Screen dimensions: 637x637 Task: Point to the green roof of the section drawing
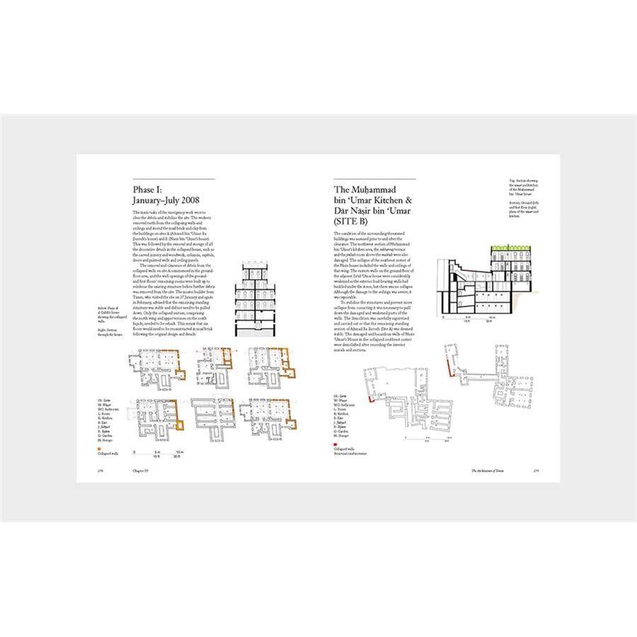click(515, 246)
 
